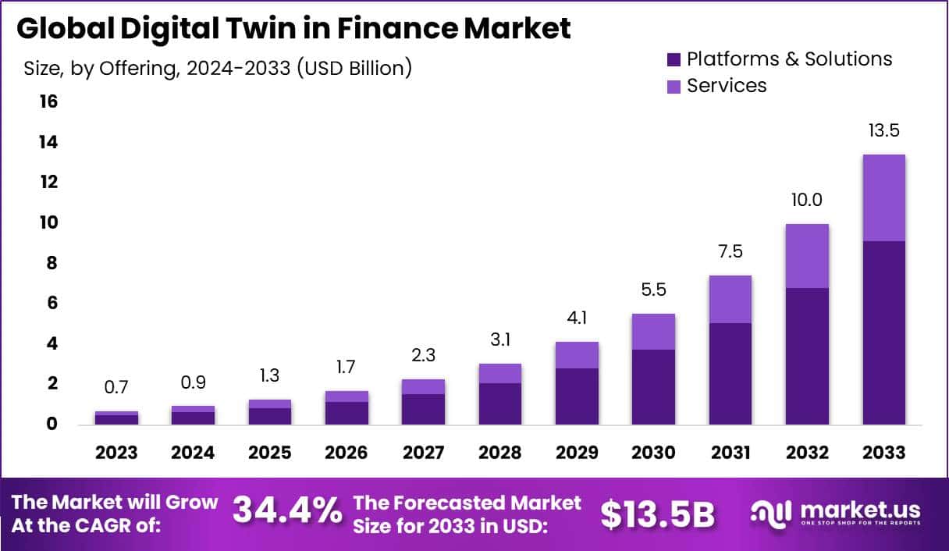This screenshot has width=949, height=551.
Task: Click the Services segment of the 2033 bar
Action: click(883, 198)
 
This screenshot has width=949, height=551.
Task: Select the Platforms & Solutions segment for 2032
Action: click(807, 356)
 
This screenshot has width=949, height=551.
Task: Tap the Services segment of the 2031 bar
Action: click(730, 299)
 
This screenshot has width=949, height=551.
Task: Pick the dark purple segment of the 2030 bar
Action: click(653, 386)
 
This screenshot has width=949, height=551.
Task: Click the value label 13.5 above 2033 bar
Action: click(883, 130)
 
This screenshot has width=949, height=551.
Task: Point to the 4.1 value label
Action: click(577, 318)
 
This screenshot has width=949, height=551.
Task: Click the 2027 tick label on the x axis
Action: click(423, 453)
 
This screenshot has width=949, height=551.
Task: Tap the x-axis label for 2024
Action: click(193, 453)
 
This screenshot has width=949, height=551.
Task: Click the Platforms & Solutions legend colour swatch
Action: click(674, 59)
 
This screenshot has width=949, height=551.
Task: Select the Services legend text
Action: click(727, 85)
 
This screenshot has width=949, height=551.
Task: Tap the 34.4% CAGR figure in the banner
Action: click(287, 511)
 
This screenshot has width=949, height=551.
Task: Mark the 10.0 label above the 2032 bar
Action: click(807, 200)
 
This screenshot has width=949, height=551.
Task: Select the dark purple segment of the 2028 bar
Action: click(500, 403)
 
